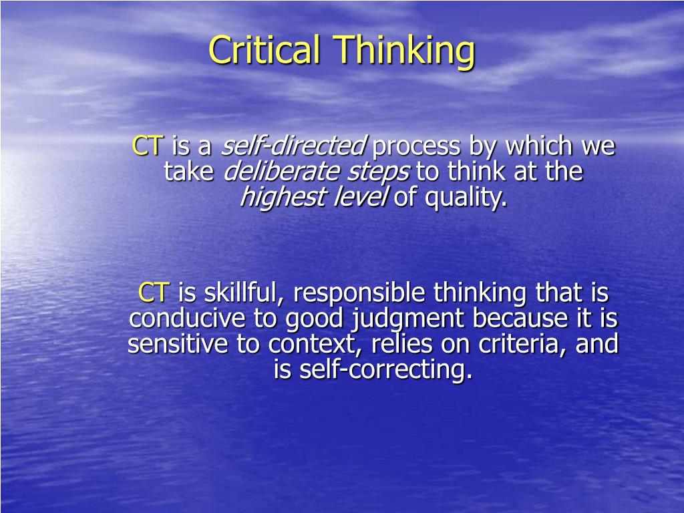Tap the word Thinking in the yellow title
pos(404,52)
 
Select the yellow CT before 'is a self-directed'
pos(148,146)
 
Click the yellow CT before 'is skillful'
pos(154,293)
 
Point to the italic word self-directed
pos(294,146)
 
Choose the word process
pos(416,148)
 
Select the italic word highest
pos(283,198)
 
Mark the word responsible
pos(359,295)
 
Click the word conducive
pos(187,319)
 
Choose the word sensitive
pos(178,344)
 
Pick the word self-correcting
pos(386,371)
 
